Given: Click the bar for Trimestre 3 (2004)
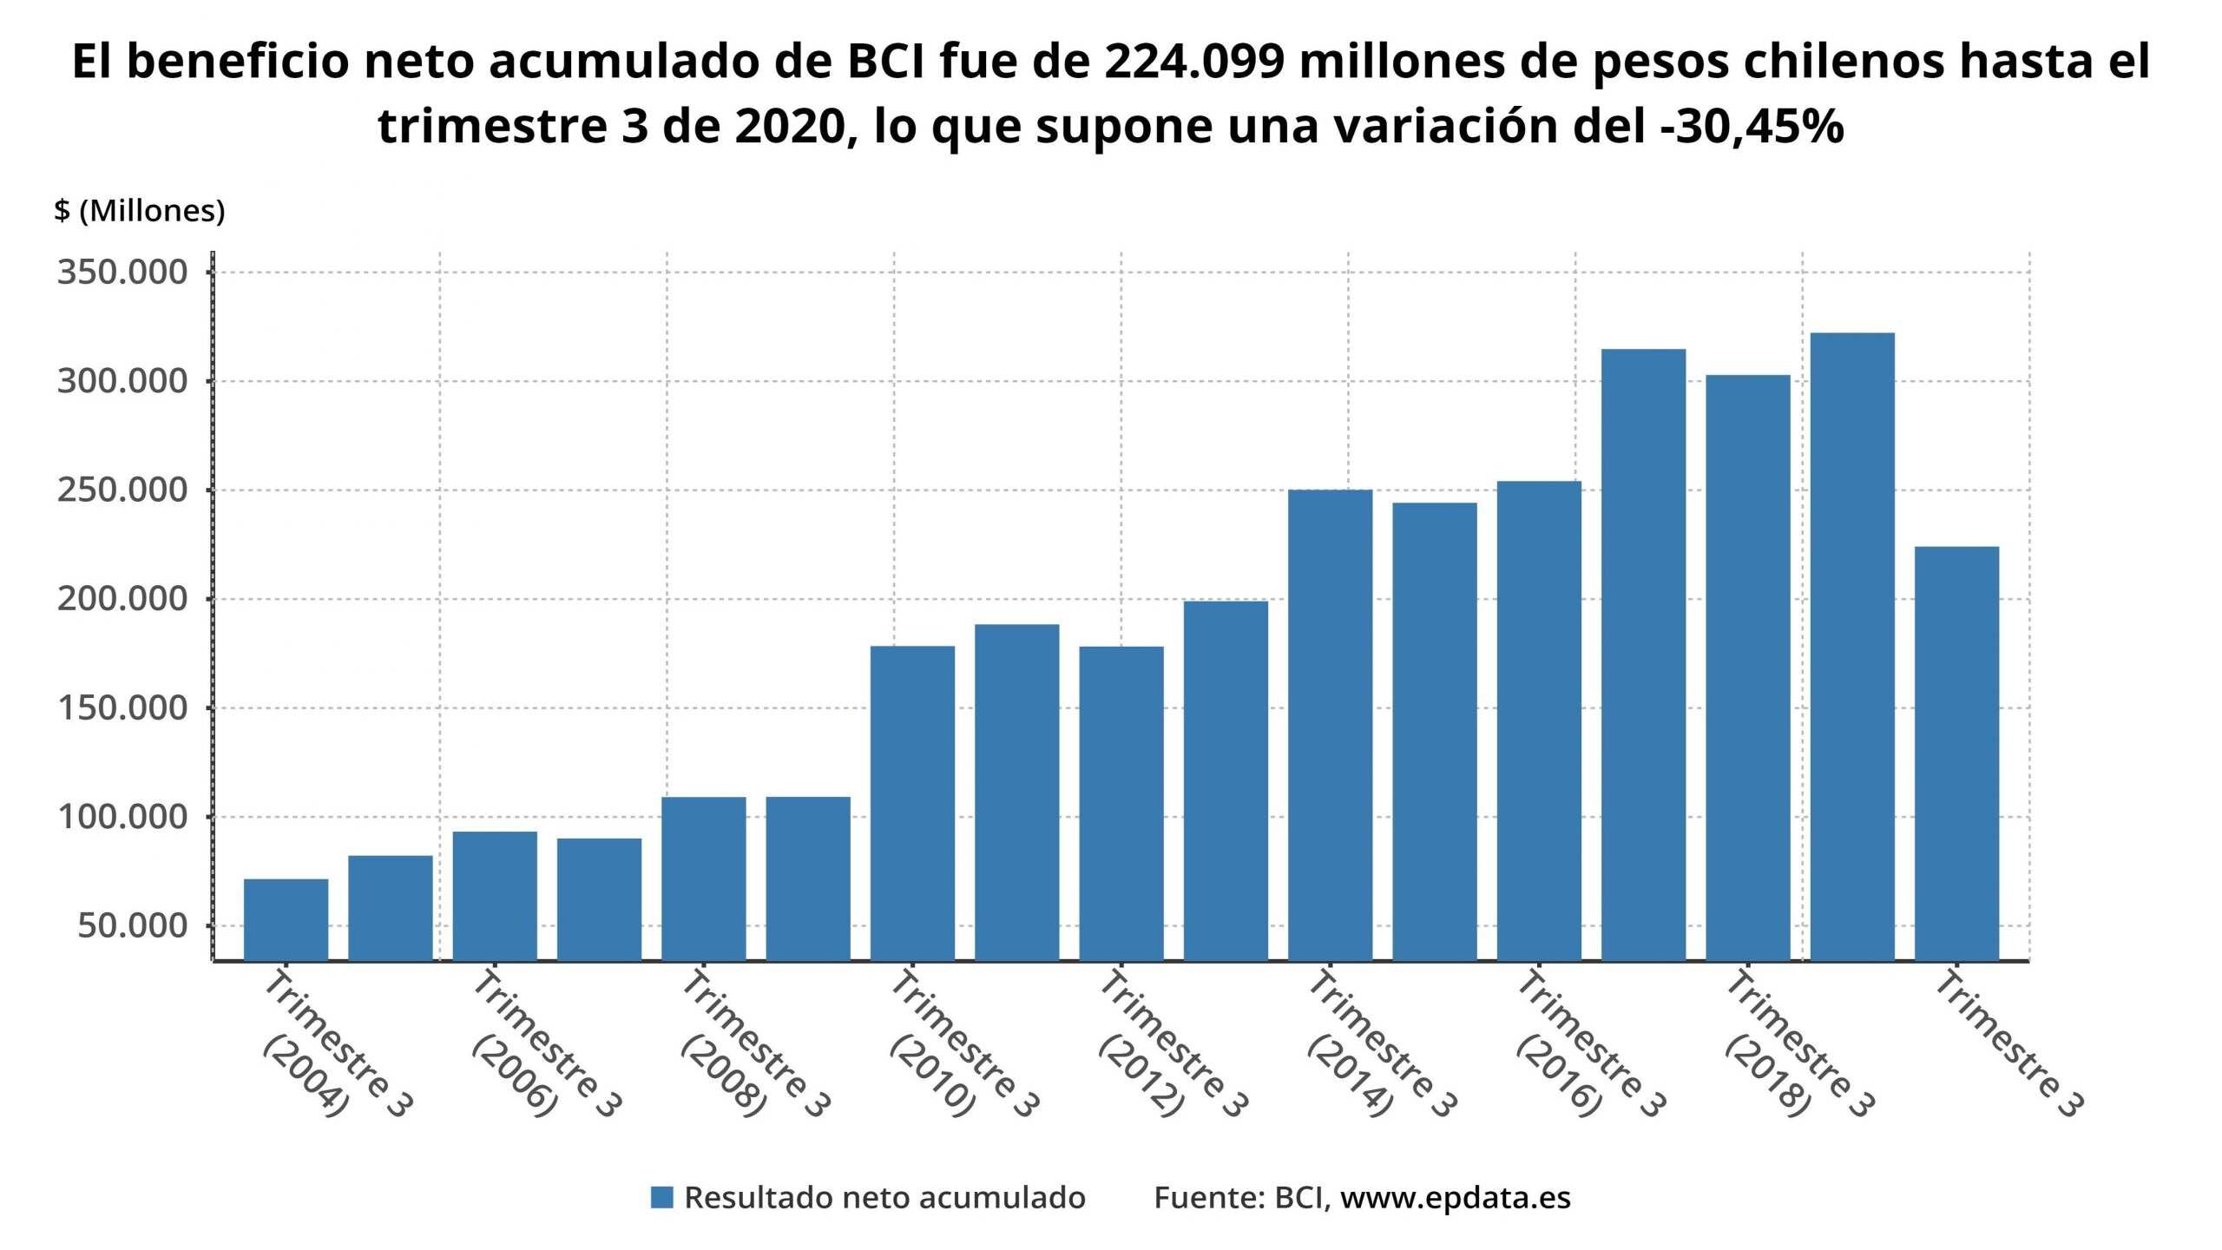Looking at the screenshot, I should click(286, 919).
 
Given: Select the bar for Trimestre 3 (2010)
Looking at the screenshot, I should click(912, 803).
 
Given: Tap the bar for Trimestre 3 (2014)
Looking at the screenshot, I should click(1330, 725).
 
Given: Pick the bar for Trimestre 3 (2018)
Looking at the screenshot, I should click(1747, 668).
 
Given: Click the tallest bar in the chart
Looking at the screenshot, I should click(1852, 647).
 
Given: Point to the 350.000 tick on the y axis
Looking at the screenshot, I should click(122, 273).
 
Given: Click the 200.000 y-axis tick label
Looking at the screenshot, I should click(122, 599).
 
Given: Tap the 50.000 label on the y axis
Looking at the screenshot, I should click(132, 926).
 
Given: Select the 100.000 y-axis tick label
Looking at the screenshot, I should click(122, 817).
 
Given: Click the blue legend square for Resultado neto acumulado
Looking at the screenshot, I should click(661, 1198).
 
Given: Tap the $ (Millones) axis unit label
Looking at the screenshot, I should click(139, 211).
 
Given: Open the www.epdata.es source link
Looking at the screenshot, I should click(1455, 1198).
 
